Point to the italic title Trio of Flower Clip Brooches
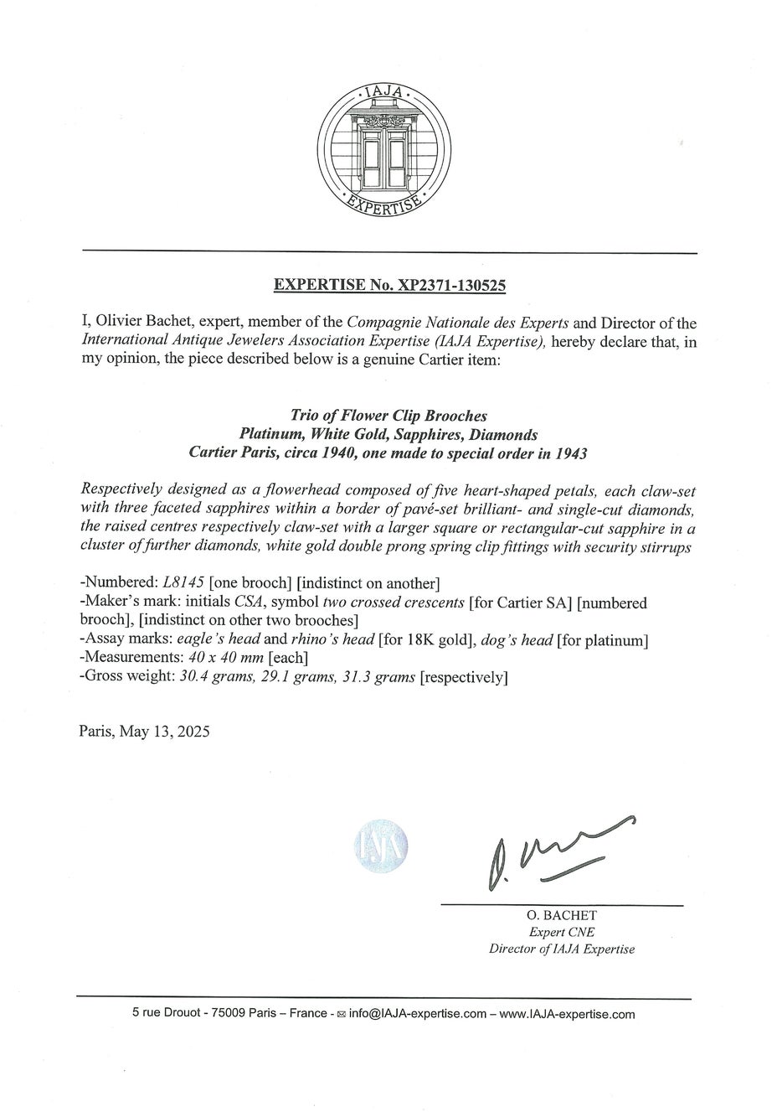pos(388,416)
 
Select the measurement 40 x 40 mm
pos(221,659)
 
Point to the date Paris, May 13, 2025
pos(144,730)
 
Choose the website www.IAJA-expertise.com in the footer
pos(567,1014)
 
